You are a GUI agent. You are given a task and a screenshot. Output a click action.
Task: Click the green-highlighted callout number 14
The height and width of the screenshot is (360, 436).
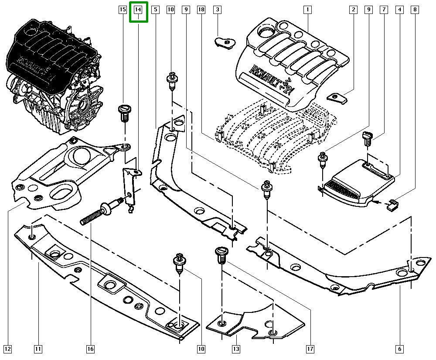coord(139,10)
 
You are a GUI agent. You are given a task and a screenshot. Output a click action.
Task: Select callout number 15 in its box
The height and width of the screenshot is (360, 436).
coord(123,10)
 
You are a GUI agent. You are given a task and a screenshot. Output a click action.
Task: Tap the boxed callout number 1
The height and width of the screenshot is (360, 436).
coord(307,10)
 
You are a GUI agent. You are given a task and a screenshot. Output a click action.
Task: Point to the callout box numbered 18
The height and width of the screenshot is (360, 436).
coord(201,10)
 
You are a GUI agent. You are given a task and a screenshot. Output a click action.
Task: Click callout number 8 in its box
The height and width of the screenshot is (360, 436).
coord(415,10)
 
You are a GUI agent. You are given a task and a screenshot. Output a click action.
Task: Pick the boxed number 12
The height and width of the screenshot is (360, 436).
coord(8,349)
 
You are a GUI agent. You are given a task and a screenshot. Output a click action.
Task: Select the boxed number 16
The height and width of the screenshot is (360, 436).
coord(90,349)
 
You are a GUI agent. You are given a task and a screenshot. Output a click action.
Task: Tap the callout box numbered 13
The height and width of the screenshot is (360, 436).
coord(236,349)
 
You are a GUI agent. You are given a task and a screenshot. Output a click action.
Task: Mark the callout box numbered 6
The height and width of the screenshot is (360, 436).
coord(400,349)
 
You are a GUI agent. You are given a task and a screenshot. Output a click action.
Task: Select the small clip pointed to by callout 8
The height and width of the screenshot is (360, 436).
coord(392,204)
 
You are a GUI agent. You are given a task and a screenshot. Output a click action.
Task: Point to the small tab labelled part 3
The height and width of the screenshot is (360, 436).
coord(225,42)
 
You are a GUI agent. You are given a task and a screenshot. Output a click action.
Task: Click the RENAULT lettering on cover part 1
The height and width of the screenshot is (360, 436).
coord(267,75)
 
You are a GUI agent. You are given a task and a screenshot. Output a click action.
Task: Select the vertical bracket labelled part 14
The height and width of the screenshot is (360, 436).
coord(130,185)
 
